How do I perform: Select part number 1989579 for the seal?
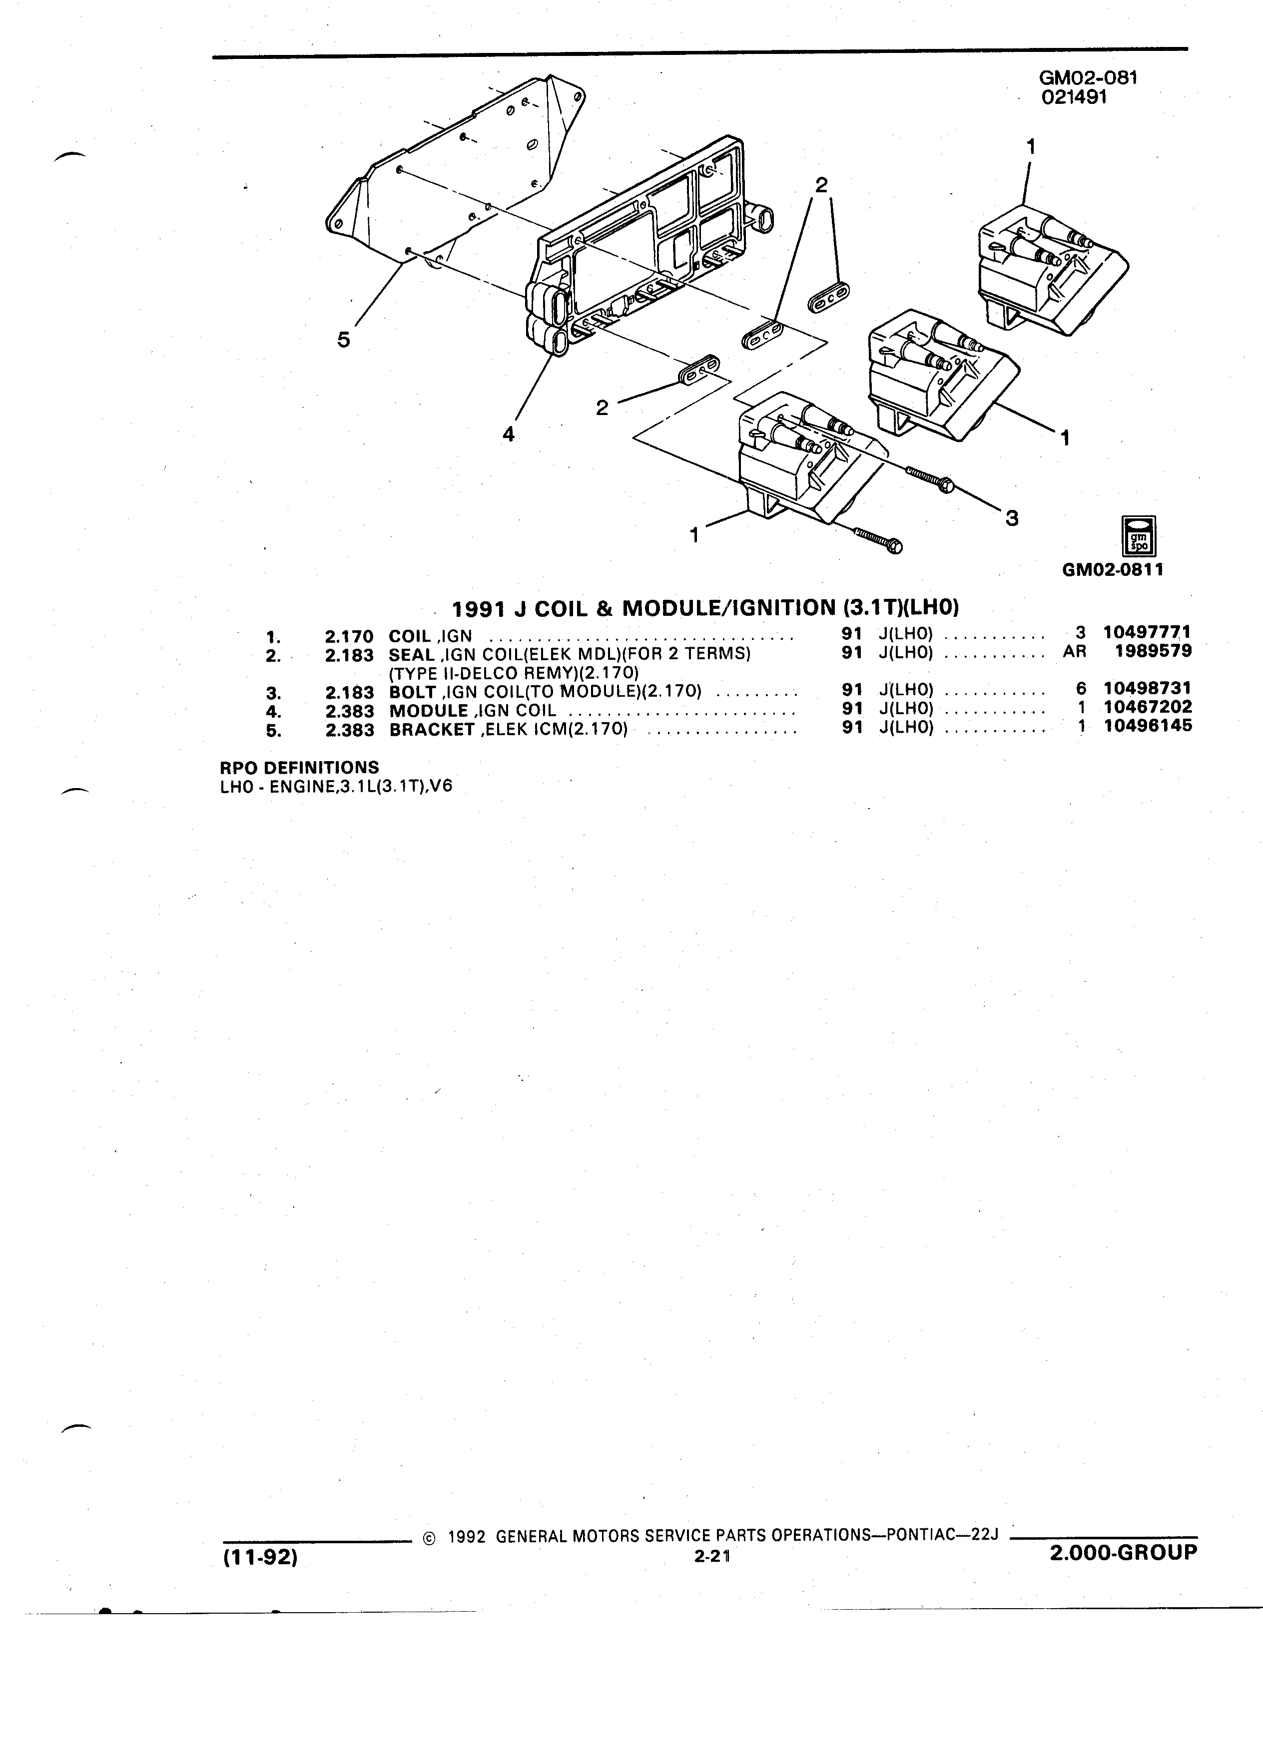tap(1153, 651)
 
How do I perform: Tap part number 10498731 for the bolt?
tap(1148, 688)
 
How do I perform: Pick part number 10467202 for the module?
tap(1148, 707)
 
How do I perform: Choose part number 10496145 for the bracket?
tap(1148, 726)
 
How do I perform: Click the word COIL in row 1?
tap(409, 636)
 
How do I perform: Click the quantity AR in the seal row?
tap(1074, 652)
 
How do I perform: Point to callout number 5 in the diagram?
tap(343, 340)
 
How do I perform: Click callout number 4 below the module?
tap(509, 435)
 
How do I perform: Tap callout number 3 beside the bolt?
tap(1011, 518)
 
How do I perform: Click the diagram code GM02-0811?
tap(1113, 570)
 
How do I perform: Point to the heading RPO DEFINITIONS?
tap(300, 768)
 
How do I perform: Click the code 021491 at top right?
tap(1074, 97)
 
